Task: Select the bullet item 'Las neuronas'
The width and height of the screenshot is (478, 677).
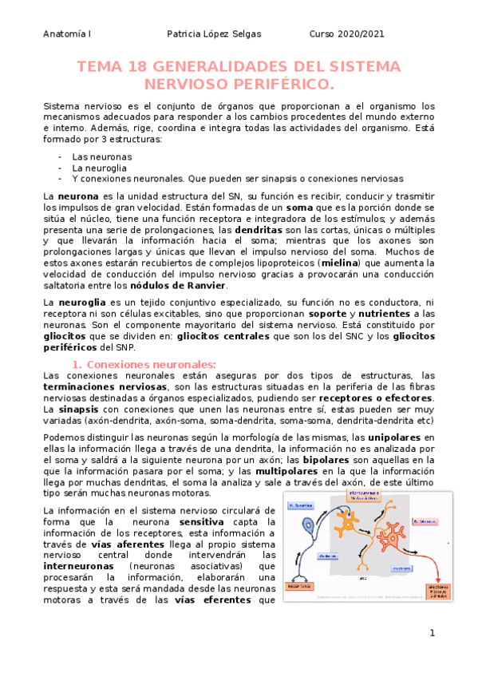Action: tap(101, 156)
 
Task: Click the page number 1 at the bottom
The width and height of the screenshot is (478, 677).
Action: tap(432, 633)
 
